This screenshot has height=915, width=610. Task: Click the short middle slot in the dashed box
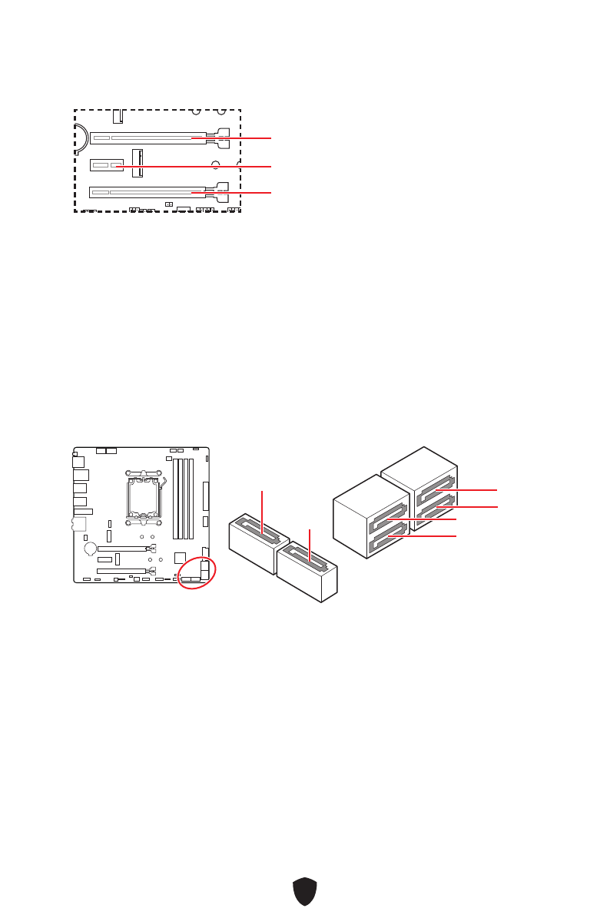pos(107,165)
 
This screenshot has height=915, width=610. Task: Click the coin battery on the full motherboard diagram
pos(90,549)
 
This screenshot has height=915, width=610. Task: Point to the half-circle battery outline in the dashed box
pos(81,136)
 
